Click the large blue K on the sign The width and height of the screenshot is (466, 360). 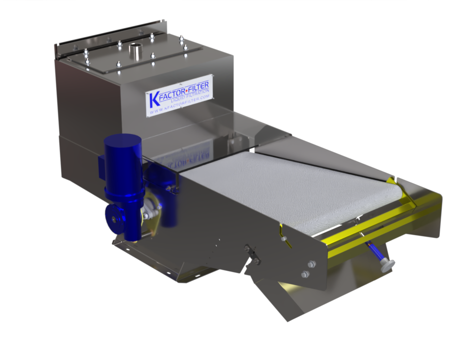point(154,99)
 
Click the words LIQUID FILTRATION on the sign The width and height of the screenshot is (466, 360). point(190,95)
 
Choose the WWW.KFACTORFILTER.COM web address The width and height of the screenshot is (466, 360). point(180,104)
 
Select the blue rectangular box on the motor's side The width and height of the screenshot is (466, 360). point(101,167)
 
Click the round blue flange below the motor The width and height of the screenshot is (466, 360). point(114,219)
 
